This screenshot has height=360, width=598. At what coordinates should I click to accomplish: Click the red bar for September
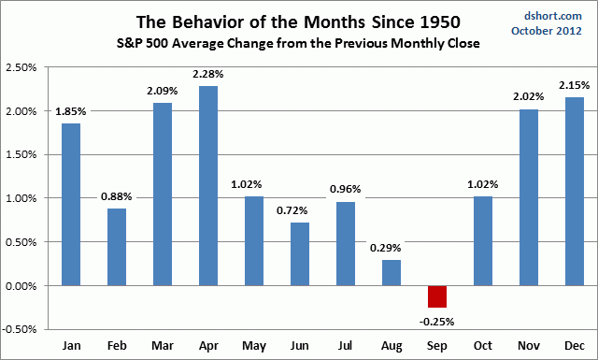(x=437, y=295)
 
